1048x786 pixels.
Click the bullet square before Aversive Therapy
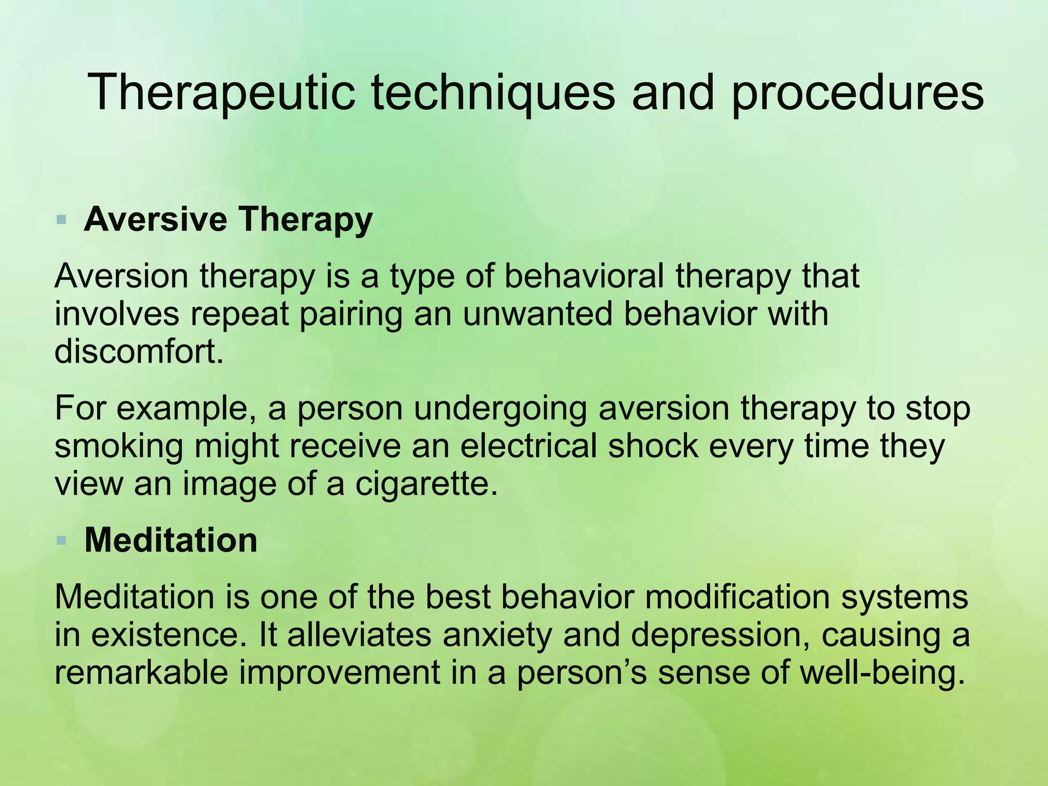pos(62,221)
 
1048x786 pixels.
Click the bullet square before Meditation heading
pos(62,540)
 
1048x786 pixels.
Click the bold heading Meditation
pos(171,540)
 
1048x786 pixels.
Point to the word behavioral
pos(584,276)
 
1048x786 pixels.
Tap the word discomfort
pos(139,352)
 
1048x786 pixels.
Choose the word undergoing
pos(500,409)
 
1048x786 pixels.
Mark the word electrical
pos(528,446)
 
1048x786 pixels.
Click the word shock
pos(653,446)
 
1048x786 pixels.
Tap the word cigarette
pos(426,484)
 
